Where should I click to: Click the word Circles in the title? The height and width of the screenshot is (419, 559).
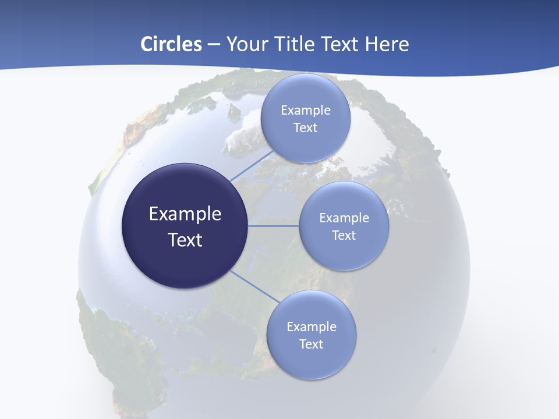pos(171,44)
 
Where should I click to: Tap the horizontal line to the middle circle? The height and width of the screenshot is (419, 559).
pos(274,226)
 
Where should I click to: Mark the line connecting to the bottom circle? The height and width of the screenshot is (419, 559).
pos(254,286)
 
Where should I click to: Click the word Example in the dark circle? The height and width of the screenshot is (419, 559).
pos(185,214)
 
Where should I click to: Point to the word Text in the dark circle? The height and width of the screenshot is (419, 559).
pos(185,240)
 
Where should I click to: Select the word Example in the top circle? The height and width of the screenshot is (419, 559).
pos(306,111)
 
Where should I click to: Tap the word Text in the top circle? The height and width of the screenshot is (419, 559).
pos(305,128)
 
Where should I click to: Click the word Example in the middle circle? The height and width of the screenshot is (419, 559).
pos(344,218)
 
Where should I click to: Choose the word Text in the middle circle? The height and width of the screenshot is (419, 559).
pos(344,235)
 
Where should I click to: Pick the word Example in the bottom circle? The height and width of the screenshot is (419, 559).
pos(312,327)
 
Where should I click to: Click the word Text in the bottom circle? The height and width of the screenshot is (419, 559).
pos(311,344)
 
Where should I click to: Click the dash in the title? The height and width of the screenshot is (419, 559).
pos(214,44)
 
